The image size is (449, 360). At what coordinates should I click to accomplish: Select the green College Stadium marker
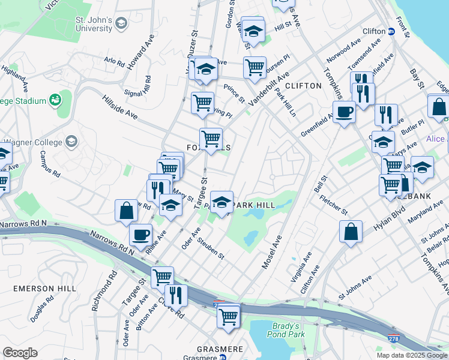56,98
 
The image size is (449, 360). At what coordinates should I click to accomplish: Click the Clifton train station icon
391,31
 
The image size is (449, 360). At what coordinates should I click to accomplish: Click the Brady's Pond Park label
286,330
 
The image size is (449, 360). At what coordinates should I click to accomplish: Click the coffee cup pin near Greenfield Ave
345,112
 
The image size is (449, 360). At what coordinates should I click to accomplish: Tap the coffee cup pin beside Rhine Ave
141,235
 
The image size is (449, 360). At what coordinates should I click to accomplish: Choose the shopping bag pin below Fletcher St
351,232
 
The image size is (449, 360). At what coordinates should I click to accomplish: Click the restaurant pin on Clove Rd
176,295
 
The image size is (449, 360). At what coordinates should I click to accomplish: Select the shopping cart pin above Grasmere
229,316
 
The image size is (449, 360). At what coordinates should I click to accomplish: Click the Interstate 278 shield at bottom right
394,340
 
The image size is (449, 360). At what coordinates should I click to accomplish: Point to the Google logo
20,353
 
